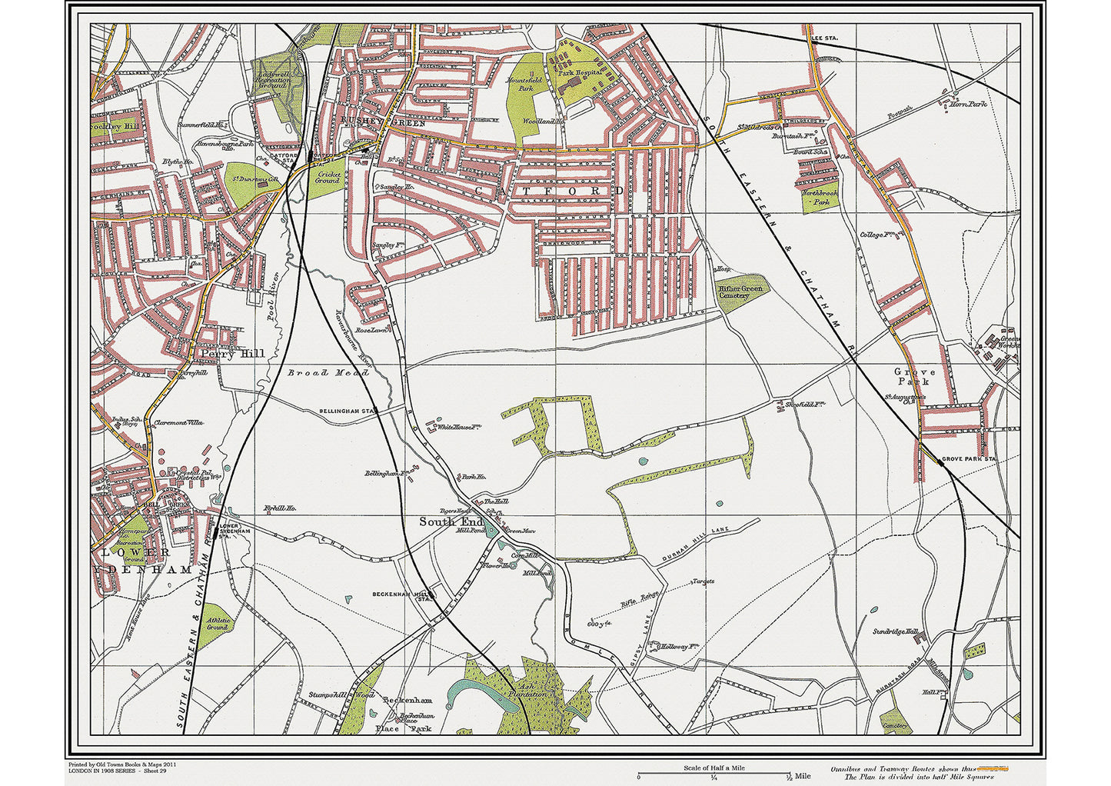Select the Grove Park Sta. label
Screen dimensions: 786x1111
coord(969,459)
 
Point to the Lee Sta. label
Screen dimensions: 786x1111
coord(823,37)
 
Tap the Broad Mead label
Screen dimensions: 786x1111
coord(328,373)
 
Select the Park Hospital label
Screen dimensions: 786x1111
coord(578,72)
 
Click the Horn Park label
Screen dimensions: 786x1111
coord(968,104)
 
